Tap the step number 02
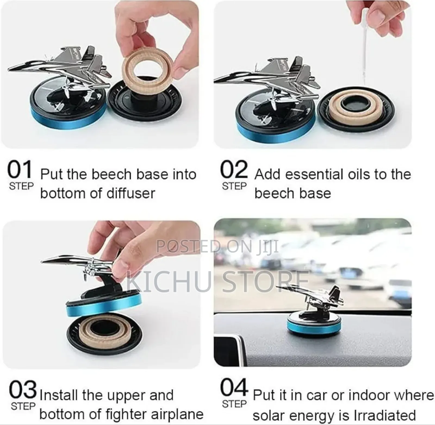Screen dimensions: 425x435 pos(234,169)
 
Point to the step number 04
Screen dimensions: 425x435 pos(234,388)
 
